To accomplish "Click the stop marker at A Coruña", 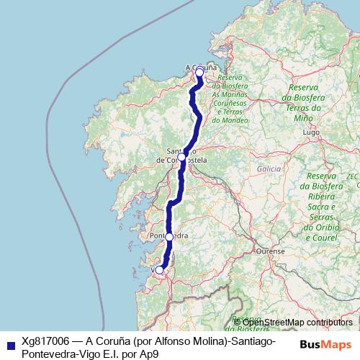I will [199, 73].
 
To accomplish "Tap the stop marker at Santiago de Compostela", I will [182, 156].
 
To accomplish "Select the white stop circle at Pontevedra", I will [169, 236].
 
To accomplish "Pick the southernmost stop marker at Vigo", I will [160, 270].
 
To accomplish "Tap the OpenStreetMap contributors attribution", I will [297, 322].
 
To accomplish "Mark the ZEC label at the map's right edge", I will [352, 175].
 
